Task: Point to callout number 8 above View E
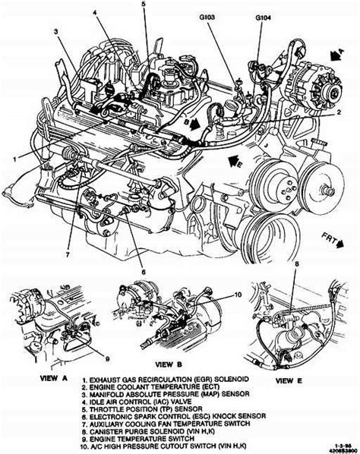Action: click(x=297, y=263)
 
